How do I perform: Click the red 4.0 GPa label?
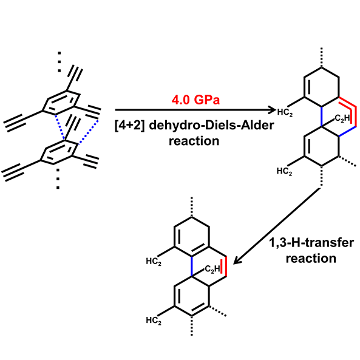[195, 100]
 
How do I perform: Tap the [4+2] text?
[130, 126]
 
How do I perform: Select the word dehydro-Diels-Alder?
[211, 125]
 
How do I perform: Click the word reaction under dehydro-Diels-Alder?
[194, 141]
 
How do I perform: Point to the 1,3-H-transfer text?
[311, 243]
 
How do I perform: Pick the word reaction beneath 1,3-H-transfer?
[311, 259]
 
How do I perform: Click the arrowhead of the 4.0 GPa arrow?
[272, 110]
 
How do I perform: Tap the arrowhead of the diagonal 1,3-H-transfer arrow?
[237, 260]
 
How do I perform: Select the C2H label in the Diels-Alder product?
[342, 118]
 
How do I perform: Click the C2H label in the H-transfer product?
[212, 268]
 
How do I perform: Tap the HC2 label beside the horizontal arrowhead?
[285, 112]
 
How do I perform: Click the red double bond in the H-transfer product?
[224, 267]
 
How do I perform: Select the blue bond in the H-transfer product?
[191, 267]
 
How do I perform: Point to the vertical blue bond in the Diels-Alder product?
[322, 117]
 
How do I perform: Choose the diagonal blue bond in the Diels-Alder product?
[347, 131]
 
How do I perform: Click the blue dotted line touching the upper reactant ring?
[59, 127]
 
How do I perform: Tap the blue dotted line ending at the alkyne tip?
[89, 132]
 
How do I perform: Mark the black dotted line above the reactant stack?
[59, 62]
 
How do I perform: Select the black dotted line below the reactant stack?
[58, 179]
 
